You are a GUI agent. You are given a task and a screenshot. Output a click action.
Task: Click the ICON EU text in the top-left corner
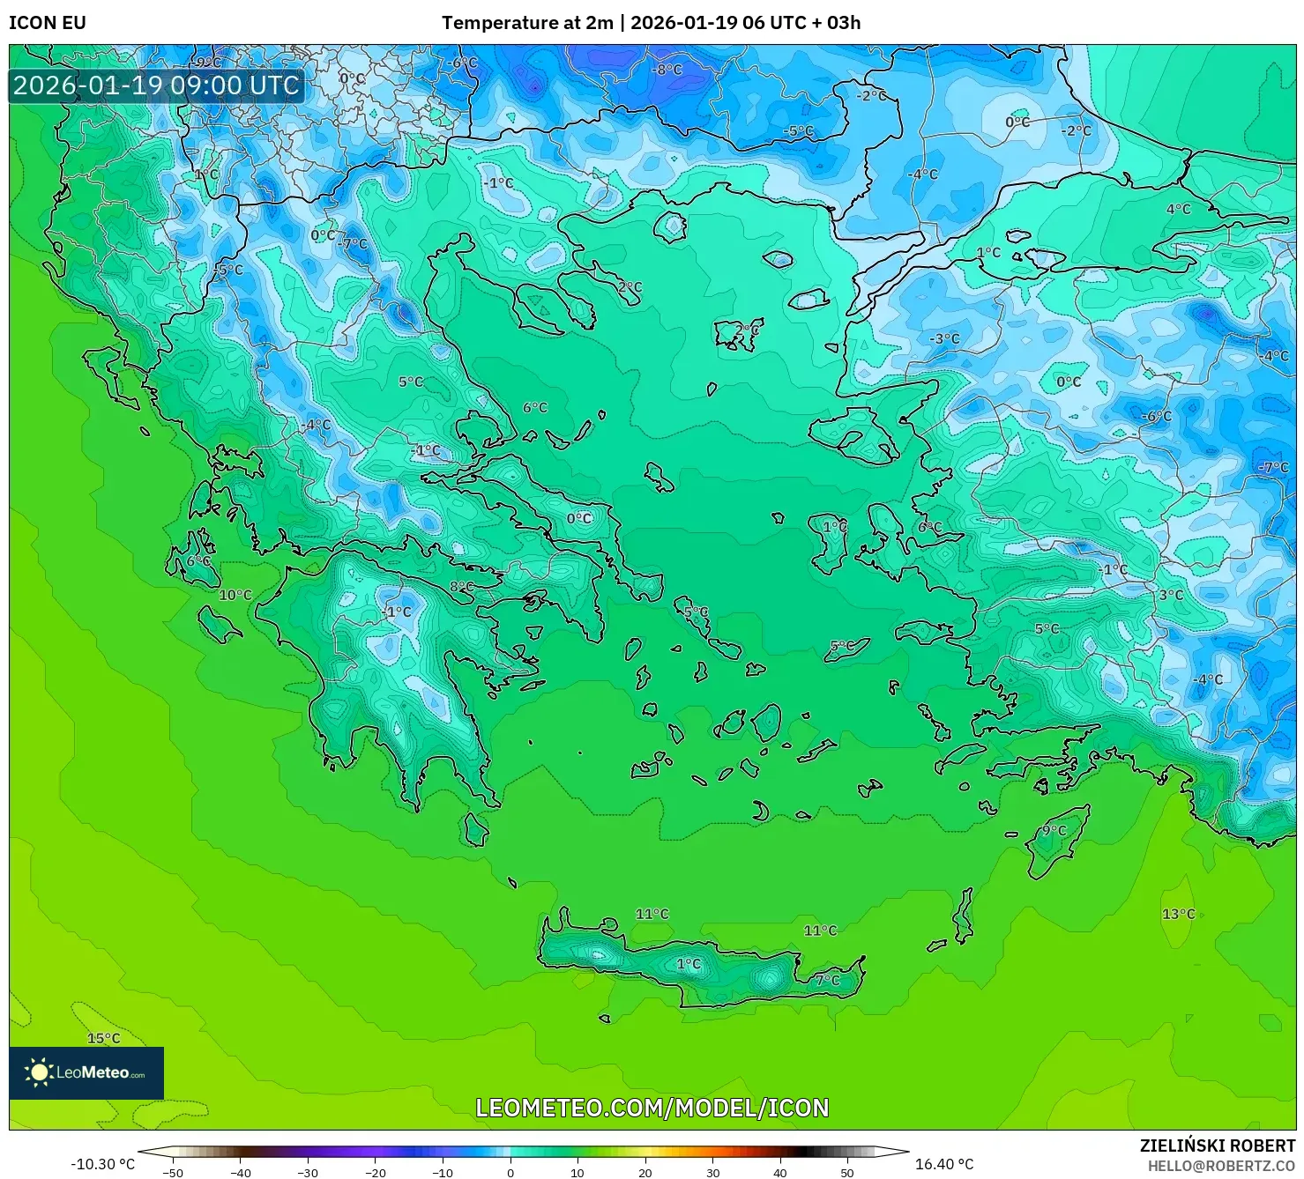pos(48,23)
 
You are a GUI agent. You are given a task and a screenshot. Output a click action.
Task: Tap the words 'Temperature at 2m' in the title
pos(526,23)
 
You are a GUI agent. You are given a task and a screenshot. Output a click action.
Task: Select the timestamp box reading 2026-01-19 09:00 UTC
pos(156,85)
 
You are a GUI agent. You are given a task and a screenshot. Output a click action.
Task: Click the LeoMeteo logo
pos(86,1072)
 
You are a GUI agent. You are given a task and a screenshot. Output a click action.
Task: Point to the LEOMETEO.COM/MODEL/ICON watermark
pos(652,1108)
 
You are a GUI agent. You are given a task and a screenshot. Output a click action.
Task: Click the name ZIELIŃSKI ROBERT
pos(1217,1146)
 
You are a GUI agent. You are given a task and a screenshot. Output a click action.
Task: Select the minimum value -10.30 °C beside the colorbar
pos(103,1164)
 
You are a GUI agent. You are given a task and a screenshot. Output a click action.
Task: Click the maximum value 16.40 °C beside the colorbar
pos(944,1164)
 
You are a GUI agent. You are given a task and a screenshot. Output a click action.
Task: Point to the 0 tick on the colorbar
pos(510,1172)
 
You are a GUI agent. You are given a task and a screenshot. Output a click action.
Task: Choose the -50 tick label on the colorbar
pos(173,1172)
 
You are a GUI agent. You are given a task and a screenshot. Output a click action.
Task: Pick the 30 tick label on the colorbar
pos(712,1172)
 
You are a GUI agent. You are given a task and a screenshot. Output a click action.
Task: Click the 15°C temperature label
pos(103,1038)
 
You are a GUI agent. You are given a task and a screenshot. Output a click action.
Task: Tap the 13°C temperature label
pos(1178,914)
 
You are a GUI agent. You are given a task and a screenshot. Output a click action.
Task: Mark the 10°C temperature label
pos(235,595)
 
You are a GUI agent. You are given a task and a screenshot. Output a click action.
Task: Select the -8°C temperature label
pos(667,70)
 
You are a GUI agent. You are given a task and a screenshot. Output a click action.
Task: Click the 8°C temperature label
pos(461,587)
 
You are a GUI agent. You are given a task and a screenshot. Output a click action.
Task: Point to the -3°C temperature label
pos(944,338)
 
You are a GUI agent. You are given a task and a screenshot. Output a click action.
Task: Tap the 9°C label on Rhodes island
pos(1054,830)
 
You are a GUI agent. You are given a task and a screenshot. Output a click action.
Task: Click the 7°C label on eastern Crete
pos(827,980)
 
